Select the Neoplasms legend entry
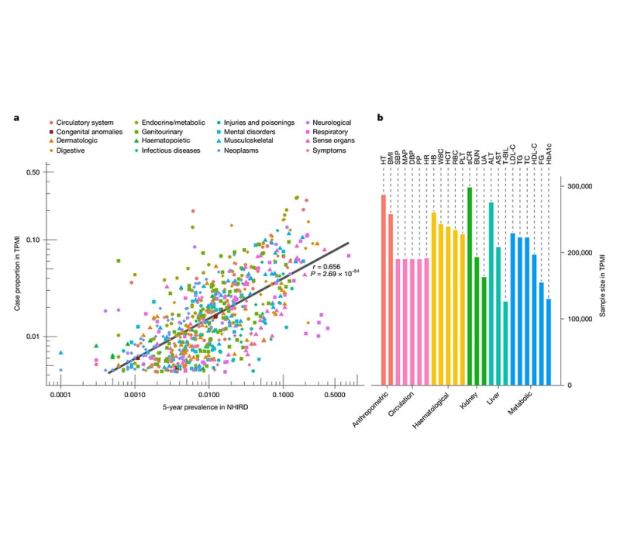pos(263,150)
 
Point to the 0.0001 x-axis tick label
pos(60,396)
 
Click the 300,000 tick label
pos(580,186)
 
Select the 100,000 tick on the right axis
pos(580,319)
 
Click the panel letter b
pos(379,118)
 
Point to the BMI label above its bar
pos(391,158)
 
